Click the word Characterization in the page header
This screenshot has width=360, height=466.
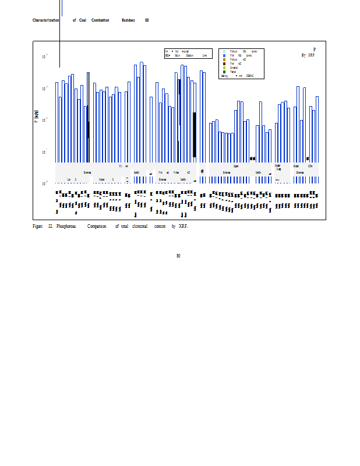click(46, 20)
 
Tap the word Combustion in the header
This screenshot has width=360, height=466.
click(100, 20)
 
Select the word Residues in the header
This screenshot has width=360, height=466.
click(128, 20)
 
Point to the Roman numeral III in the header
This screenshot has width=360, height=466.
click(147, 20)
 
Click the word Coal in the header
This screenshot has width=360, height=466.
click(83, 20)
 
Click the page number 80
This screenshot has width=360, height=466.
click(178, 255)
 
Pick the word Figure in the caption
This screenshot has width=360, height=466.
click(37, 226)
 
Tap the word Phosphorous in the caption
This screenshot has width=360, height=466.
click(66, 226)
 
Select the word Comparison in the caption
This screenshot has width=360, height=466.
click(97, 226)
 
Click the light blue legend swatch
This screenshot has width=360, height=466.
click(224, 51)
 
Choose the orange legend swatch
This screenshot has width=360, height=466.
click(224, 59)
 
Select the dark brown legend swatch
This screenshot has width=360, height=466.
click(224, 63)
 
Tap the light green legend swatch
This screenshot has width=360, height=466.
click(224, 68)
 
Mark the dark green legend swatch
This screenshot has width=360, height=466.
click(224, 72)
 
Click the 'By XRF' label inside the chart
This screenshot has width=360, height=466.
click(308, 55)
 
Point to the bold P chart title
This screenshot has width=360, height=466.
click(315, 50)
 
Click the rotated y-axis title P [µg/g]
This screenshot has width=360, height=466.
click(36, 119)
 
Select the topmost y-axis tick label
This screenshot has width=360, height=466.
click(44, 57)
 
